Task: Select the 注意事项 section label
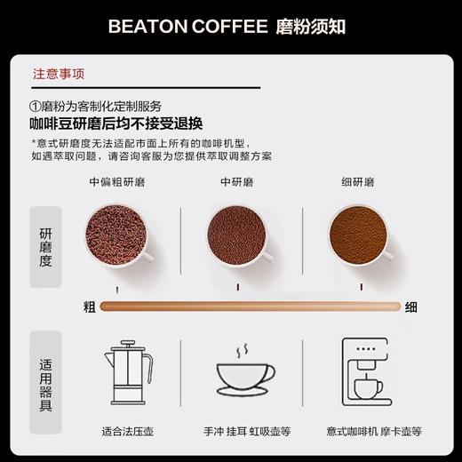60,75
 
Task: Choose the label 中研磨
236,182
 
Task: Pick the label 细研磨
358,182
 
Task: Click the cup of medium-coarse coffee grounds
115,236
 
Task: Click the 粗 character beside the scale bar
89,307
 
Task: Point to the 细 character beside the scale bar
411,307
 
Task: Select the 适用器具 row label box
46,385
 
